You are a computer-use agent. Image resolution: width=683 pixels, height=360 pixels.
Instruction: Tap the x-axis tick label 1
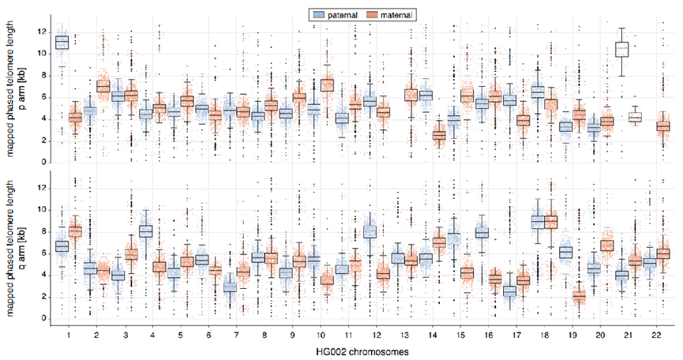point(68,334)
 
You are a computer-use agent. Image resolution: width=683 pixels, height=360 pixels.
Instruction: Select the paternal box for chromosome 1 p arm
point(62,42)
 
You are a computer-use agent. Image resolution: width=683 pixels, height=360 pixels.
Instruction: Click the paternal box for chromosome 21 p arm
point(621,49)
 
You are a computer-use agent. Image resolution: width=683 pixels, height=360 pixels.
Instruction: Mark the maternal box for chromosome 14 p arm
point(440,135)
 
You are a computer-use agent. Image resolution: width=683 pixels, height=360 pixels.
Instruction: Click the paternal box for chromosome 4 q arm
point(146,231)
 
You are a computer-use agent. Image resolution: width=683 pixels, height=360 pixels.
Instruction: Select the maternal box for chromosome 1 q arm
point(76,231)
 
